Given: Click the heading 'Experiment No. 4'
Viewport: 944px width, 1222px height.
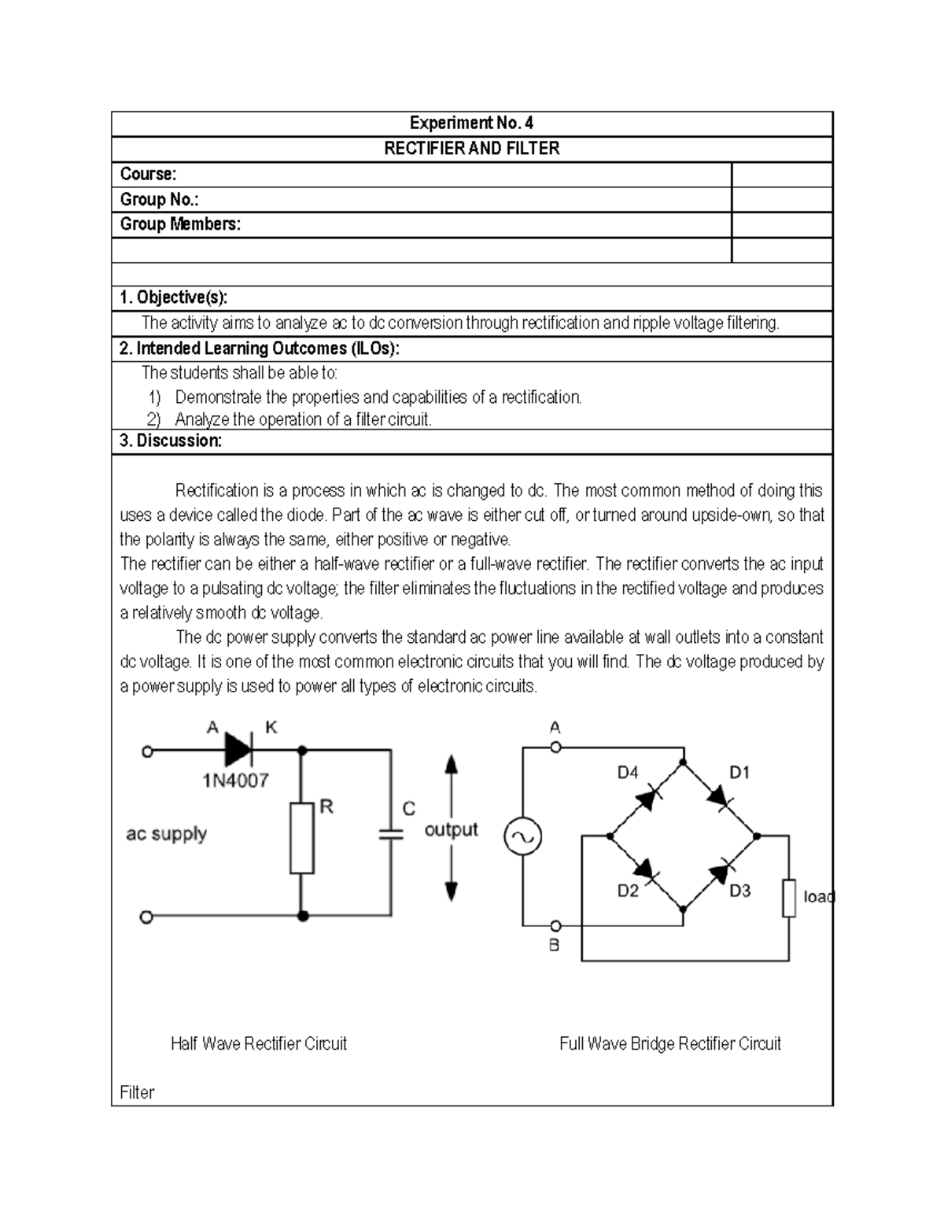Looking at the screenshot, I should click(471, 124).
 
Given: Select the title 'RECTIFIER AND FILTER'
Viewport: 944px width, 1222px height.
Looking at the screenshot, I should click(471, 149).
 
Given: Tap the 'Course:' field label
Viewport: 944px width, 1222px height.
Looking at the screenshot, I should click(148, 174).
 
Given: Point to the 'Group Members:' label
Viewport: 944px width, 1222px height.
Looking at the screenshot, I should click(180, 224).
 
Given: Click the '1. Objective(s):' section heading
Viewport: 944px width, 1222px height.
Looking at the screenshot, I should click(173, 297).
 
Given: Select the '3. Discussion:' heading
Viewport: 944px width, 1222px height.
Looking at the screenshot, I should click(170, 441).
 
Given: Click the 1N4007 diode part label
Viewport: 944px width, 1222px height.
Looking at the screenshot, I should click(235, 781).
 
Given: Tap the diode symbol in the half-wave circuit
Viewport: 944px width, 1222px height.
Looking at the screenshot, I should click(238, 750).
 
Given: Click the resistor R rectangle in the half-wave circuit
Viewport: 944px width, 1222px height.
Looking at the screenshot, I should click(302, 838).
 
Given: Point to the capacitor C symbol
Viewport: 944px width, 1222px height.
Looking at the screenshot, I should click(390, 833).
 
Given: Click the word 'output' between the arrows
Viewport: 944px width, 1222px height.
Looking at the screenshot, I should click(451, 829).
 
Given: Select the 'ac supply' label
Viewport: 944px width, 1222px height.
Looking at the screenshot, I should click(166, 833).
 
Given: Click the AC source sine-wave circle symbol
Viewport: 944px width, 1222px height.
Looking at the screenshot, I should click(522, 836).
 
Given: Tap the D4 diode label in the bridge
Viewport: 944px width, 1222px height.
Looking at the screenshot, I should click(628, 773).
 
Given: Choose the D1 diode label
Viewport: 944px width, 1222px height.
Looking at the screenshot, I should click(739, 773).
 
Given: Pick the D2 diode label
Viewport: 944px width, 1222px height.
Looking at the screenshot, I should click(628, 891).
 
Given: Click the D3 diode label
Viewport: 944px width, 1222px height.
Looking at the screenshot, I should click(739, 891).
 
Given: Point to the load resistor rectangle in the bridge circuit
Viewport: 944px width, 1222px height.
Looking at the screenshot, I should click(789, 898).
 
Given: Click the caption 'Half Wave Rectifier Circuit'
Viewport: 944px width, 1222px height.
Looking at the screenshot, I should click(259, 1043).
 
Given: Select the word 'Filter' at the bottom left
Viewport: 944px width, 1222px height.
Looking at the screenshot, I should click(137, 1092).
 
